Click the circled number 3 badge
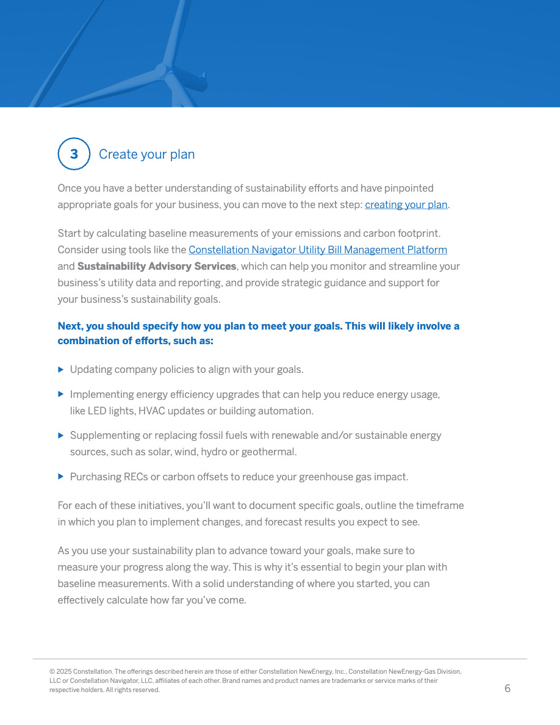[74, 154]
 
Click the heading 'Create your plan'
[146, 154]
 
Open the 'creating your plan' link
[406, 205]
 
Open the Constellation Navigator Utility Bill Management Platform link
[317, 250]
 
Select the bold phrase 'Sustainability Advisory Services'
[157, 267]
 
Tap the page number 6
[508, 689]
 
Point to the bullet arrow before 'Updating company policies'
[61, 369]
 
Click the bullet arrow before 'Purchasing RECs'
[61, 476]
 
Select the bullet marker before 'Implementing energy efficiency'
[61, 394]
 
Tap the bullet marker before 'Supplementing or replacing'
[61, 435]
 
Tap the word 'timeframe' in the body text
[440, 506]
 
